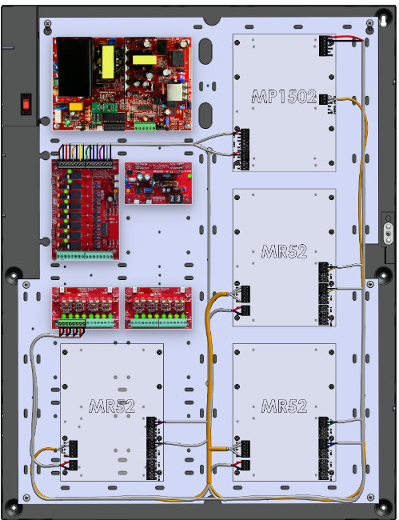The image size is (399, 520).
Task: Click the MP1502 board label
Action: tap(284, 97)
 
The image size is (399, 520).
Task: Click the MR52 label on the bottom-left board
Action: tap(112, 406)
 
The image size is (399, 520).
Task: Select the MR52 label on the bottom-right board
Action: tap(284, 406)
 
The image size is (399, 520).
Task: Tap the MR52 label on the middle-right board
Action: tap(284, 251)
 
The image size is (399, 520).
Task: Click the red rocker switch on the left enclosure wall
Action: tap(26, 104)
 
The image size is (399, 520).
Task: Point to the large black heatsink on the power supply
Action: tap(74, 66)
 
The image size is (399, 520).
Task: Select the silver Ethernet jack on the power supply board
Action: tap(174, 93)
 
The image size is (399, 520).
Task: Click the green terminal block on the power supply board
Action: tap(145, 126)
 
